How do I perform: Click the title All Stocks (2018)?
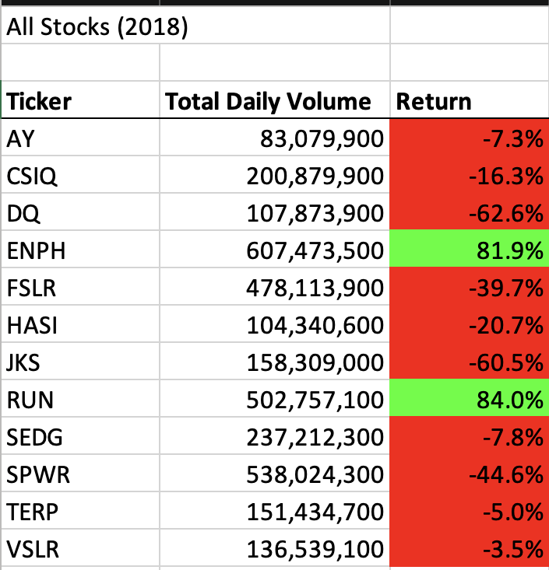[97, 28]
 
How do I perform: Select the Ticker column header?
[39, 102]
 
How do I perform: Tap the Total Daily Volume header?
[269, 102]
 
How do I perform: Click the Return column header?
[434, 102]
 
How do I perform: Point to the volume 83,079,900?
[322, 139]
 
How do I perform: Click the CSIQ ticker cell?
[32, 177]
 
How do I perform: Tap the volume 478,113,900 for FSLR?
[315, 288]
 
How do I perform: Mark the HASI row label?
[30, 326]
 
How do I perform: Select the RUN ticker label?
[27, 400]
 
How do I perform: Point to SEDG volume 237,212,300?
[315, 438]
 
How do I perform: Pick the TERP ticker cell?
[30, 512]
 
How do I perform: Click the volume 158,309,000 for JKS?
[315, 363]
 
